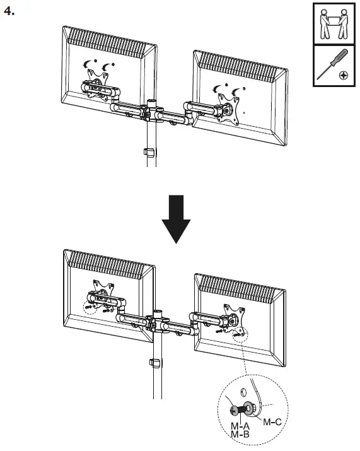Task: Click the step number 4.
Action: click(x=9, y=11)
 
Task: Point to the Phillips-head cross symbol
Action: click(x=343, y=75)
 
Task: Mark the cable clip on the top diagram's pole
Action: click(x=149, y=152)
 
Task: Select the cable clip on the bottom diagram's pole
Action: click(x=153, y=364)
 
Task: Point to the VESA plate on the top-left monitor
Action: click(x=96, y=85)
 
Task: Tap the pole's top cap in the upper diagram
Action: click(x=151, y=101)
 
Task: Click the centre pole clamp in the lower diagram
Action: click(x=158, y=322)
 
